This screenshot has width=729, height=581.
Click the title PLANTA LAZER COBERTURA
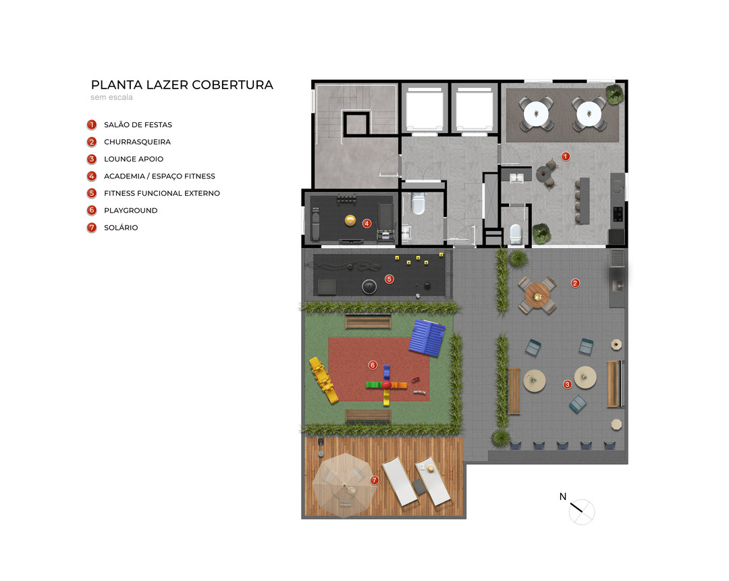pos(182,84)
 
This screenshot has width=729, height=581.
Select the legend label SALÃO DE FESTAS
pos(138,125)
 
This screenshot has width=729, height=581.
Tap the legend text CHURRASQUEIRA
pos(137,142)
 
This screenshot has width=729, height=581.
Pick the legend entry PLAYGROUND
pos(131,210)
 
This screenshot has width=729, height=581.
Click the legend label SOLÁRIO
pos(121,228)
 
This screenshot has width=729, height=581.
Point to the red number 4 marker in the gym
pos(367,224)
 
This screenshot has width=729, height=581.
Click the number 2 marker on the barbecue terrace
pos(575,283)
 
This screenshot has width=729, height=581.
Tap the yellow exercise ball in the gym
pos(350,220)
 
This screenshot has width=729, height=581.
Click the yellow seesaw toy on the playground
pos(323,380)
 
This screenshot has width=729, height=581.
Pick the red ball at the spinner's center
pos(386,385)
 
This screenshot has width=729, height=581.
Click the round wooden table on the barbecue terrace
pos(537,295)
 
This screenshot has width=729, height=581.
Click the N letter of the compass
pos(563,497)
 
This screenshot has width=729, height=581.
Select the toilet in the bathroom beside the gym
pos(418,203)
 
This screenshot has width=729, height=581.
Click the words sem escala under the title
pos(111,97)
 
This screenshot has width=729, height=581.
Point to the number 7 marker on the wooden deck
pos(374,480)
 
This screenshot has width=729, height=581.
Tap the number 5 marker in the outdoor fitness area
pos(389,278)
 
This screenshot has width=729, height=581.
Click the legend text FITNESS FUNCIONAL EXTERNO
pos(162,193)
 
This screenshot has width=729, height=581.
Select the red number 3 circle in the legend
pos(92,159)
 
